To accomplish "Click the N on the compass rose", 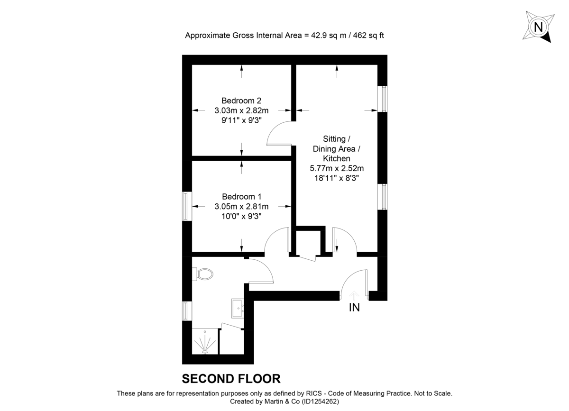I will coord(538,27).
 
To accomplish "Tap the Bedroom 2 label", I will coord(241,100).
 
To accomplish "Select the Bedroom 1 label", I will coord(241,196).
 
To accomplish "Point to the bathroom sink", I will coord(238,308).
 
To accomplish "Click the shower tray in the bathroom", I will coord(205,342).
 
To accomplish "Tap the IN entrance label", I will coord(354,308).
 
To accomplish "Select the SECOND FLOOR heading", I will coord(231,378).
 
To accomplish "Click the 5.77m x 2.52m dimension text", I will coord(337,168).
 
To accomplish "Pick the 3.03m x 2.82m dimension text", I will coord(241,110).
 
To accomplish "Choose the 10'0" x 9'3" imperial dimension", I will coord(241,216).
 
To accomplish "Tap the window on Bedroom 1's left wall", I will coord(187,206).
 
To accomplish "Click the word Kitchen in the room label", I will coord(337,158).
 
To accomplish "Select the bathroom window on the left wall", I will coord(187,311).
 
